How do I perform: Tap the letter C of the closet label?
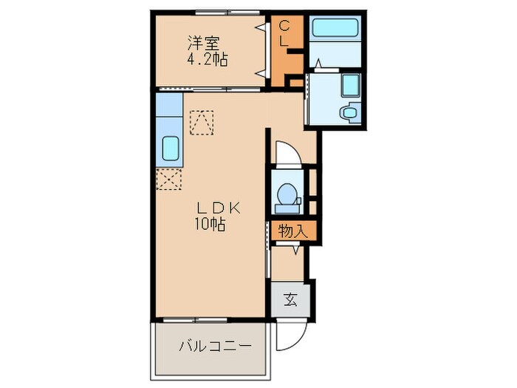284,27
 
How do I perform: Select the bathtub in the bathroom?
335,29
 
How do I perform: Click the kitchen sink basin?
171,150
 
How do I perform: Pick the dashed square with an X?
169,179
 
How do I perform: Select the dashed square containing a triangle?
202,123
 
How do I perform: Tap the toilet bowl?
286,193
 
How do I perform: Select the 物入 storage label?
292,231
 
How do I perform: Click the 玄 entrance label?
290,299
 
